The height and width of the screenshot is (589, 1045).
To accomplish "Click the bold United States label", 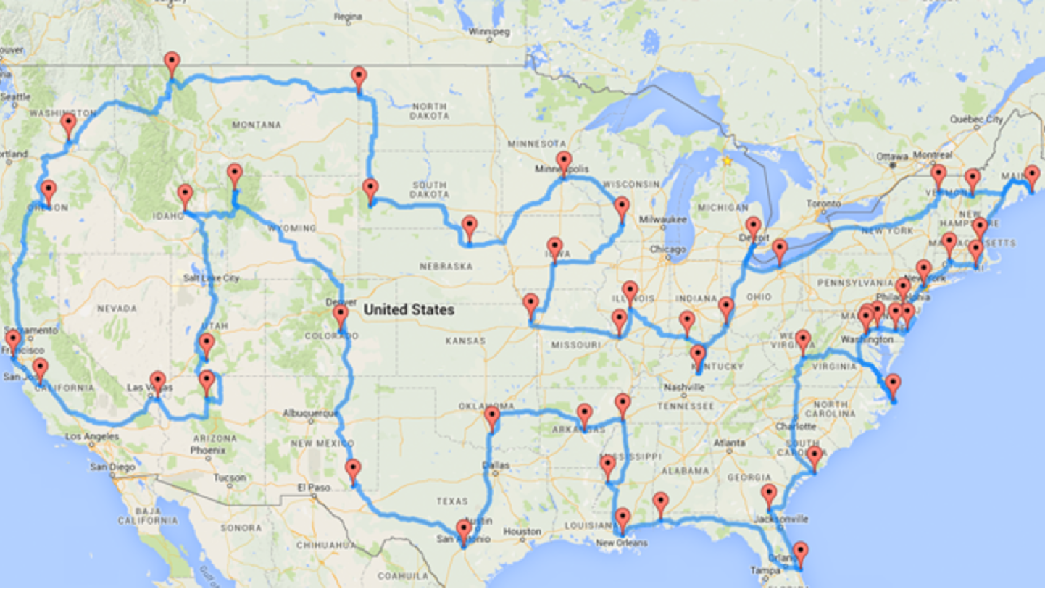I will click(x=409, y=310).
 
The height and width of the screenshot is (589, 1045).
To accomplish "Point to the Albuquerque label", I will click(x=312, y=414).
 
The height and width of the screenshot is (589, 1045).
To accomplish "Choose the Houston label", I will click(x=522, y=532).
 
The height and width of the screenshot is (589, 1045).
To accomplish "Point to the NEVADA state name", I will click(x=116, y=309).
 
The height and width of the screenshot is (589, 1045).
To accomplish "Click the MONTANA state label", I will click(x=256, y=125).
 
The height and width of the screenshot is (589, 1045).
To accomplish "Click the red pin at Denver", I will click(x=341, y=316).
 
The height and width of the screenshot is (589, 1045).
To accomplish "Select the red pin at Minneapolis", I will click(x=564, y=162).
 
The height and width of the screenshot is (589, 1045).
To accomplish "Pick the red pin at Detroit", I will click(x=754, y=227).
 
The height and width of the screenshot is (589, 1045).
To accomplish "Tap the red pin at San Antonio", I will click(x=463, y=530).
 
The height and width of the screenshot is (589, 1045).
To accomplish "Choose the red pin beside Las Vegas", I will click(x=157, y=382).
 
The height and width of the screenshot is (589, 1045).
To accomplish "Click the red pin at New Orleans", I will click(x=623, y=519).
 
